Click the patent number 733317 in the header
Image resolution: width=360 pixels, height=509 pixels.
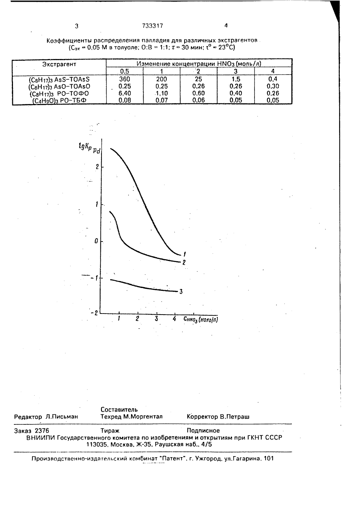(153, 26)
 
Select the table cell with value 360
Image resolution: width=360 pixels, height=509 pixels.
(125, 79)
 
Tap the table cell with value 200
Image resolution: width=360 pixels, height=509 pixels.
(161, 79)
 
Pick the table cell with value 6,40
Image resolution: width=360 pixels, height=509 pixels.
(125, 93)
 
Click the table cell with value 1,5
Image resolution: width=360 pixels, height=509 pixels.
(235, 79)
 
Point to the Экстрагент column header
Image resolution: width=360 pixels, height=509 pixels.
(59, 64)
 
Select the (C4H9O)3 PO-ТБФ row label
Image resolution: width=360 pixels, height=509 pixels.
(59, 100)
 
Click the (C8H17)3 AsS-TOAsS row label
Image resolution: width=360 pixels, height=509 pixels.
(59, 79)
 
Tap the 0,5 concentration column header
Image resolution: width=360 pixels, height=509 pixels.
(125, 71)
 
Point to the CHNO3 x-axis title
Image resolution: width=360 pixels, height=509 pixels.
(201, 320)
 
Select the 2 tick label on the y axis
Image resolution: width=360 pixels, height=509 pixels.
(97, 167)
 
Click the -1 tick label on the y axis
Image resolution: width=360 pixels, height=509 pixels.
(95, 278)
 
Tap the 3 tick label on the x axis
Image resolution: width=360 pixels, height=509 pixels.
(156, 319)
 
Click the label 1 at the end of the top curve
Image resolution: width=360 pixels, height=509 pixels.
(185, 254)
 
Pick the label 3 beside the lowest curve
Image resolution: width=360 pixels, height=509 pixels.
(181, 292)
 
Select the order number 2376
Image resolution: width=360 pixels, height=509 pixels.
(42, 431)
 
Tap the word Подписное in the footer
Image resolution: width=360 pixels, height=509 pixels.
(203, 431)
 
